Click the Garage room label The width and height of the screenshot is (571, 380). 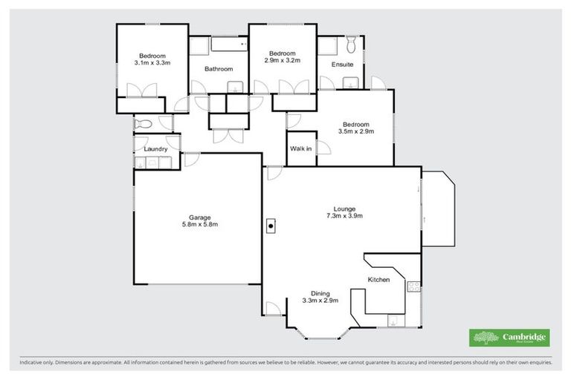click(199, 217)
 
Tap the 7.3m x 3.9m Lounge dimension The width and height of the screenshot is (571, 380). click(344, 216)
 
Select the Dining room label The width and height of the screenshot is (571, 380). click(320, 292)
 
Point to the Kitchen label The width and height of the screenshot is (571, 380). click(379, 279)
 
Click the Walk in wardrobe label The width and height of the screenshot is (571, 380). click(300, 149)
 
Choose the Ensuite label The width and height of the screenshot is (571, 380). click(342, 65)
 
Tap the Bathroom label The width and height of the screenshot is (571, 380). click(219, 69)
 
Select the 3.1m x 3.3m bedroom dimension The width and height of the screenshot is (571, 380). click(152, 63)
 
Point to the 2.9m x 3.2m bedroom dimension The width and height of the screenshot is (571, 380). click(283, 61)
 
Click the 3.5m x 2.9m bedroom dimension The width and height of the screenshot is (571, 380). click(356, 131)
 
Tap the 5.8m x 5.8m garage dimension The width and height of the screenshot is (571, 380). click(199, 224)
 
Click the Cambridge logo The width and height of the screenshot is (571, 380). click(510, 338)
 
